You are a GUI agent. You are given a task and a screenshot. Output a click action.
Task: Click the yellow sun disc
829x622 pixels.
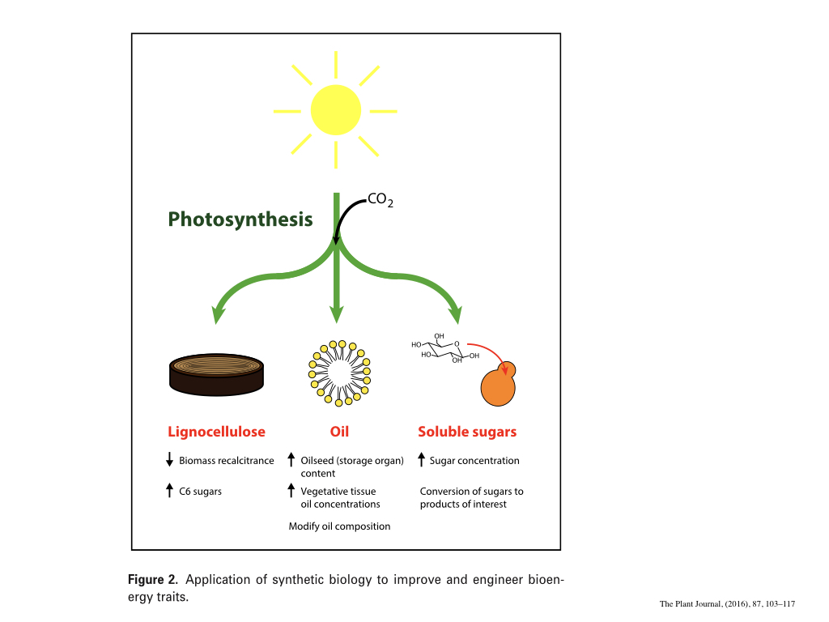[335, 109]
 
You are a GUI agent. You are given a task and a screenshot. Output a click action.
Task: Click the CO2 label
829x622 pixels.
[380, 199]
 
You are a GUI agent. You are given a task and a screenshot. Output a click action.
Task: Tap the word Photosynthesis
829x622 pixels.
[240, 219]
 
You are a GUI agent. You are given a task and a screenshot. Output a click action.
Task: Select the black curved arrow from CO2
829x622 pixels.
[344, 214]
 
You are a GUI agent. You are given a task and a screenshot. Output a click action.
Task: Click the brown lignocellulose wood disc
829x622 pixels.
[217, 375]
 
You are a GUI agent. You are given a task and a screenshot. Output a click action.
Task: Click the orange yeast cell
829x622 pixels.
[498, 387]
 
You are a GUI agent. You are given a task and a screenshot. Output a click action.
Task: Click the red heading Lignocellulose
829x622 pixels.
[216, 432]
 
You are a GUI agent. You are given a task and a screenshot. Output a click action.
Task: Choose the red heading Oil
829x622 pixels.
[339, 432]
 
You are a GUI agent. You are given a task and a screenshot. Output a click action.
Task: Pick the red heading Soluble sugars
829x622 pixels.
[466, 432]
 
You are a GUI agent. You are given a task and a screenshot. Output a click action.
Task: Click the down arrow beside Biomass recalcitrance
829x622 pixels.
[169, 461]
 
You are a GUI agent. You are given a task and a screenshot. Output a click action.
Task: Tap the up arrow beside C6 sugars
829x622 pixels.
[169, 490]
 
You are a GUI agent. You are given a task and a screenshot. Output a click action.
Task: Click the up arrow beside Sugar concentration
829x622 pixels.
[421, 460]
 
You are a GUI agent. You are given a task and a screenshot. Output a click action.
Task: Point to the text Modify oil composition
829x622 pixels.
[339, 526]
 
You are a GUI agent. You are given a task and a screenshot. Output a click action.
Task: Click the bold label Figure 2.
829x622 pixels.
[152, 580]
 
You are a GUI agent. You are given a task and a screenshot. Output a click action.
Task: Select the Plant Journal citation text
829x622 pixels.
[727, 604]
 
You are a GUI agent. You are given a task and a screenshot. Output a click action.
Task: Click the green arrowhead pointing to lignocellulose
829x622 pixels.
[218, 314]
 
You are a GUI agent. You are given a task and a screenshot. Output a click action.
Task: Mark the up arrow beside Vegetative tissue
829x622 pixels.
[291, 490]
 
